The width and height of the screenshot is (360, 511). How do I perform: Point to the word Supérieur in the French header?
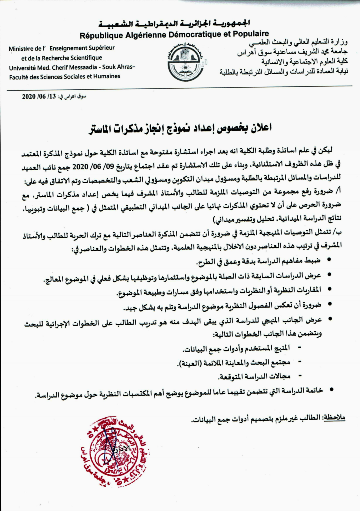point(99,48)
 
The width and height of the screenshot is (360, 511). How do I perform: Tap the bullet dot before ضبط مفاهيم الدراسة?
point(329,259)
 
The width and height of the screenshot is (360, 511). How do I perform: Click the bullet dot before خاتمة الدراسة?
point(331,389)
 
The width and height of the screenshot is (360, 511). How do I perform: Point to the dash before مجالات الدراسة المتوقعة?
point(299,376)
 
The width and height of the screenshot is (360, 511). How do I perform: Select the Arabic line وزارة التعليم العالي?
point(298,42)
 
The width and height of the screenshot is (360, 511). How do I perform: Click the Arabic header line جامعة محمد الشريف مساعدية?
point(292,52)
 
